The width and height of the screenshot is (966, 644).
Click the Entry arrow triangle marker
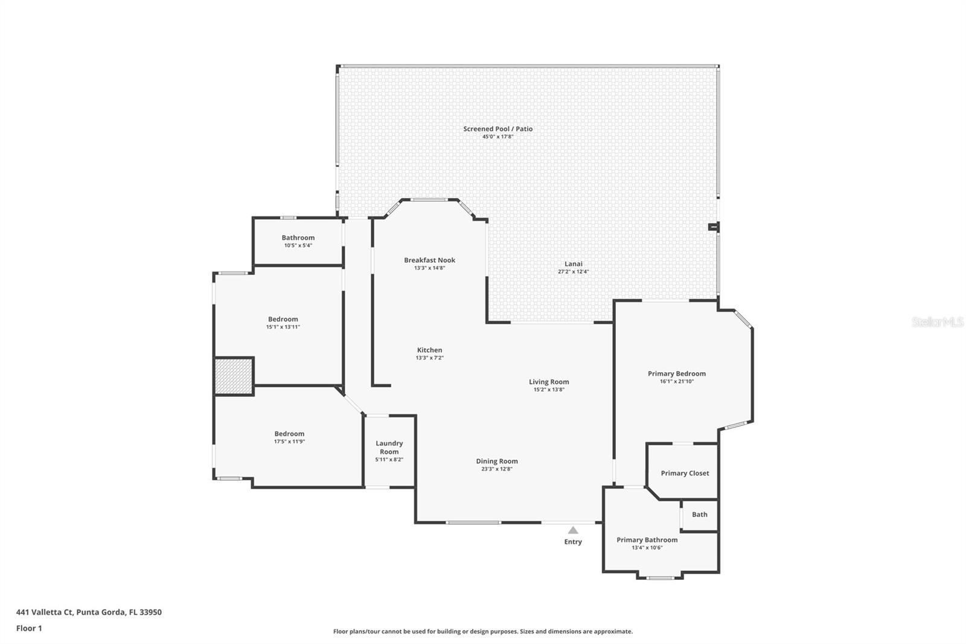pyautogui.click(x=573, y=530)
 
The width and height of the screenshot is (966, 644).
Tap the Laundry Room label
pyautogui.click(x=389, y=448)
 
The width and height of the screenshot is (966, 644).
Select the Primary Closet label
pyautogui.click(x=685, y=473)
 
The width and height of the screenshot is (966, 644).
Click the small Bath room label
pyautogui.click(x=699, y=515)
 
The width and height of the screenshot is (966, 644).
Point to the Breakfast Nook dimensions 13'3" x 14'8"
pyautogui.click(x=429, y=268)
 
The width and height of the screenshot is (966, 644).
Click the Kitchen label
pyautogui.click(x=429, y=350)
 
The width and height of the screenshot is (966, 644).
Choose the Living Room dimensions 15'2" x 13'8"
pyautogui.click(x=549, y=390)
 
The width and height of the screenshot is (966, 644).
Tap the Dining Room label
pyautogui.click(x=496, y=461)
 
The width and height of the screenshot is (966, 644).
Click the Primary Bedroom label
pyautogui.click(x=676, y=373)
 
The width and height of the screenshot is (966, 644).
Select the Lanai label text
pyautogui.click(x=573, y=263)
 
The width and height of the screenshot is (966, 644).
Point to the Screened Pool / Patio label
pyautogui.click(x=497, y=129)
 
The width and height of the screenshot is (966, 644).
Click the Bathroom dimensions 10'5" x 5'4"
pyautogui.click(x=298, y=245)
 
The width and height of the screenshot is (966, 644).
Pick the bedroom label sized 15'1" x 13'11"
pyautogui.click(x=283, y=319)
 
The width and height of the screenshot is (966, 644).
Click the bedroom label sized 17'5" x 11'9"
pyautogui.click(x=289, y=434)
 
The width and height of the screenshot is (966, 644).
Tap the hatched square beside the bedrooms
pyautogui.click(x=234, y=376)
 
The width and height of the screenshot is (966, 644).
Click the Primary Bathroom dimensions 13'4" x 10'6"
pyautogui.click(x=647, y=548)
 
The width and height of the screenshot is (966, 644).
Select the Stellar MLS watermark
pyautogui.click(x=937, y=322)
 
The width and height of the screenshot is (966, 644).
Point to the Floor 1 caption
pyautogui.click(x=29, y=628)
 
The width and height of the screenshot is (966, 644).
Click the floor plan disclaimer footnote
pyautogui.click(x=482, y=631)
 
